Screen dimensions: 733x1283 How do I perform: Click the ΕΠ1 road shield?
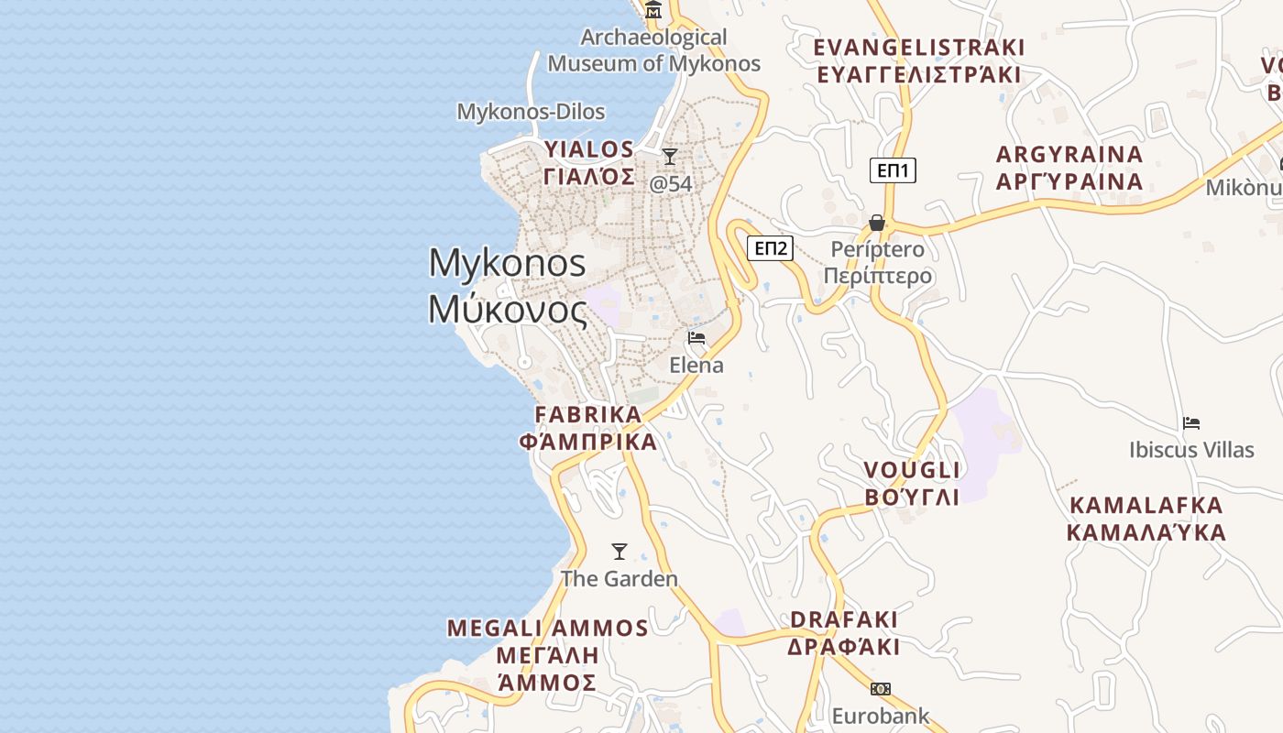click(x=893, y=170)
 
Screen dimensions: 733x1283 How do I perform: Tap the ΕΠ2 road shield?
click(x=770, y=248)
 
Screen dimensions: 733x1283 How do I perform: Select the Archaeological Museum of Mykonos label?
click(x=654, y=50)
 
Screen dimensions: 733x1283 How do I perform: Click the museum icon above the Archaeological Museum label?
click(x=653, y=10)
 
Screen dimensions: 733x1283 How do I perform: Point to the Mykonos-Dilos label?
click(x=531, y=112)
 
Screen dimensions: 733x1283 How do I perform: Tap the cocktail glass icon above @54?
click(x=670, y=157)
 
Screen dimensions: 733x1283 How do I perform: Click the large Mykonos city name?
click(x=508, y=286)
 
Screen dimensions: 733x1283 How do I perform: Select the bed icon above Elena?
click(x=696, y=338)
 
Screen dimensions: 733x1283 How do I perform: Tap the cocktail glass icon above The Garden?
click(x=620, y=552)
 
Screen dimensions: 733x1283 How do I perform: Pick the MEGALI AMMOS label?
click(x=548, y=655)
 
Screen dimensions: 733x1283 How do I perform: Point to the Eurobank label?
click(x=881, y=716)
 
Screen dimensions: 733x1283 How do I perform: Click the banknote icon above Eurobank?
click(x=881, y=689)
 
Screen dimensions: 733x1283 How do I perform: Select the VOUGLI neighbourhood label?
click(x=913, y=484)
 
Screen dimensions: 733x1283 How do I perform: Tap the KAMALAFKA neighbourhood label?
click(x=1146, y=519)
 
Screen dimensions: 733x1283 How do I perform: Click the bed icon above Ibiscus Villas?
click(x=1191, y=423)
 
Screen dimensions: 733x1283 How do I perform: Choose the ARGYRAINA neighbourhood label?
click(x=1069, y=168)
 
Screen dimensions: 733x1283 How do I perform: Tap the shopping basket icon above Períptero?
click(x=877, y=223)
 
